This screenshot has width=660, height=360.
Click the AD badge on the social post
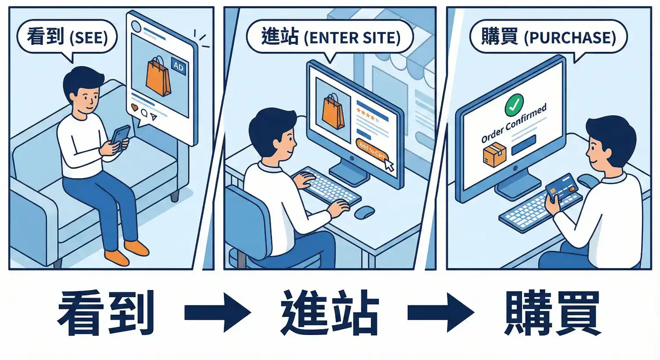coord(178,66)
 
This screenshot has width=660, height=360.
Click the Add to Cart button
coord(371,150)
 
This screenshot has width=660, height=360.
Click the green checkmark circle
coord(514,104)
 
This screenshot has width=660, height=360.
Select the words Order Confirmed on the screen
coord(513,123)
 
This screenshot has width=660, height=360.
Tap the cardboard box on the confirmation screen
coord(495,154)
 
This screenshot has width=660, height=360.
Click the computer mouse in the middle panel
coord(364,212)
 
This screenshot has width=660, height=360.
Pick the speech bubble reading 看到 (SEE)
coord(67,37)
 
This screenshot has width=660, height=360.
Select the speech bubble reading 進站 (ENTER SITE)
coord(330,37)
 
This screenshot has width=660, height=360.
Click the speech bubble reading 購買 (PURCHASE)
coord(548,37)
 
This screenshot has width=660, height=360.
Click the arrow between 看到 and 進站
coord(217,313)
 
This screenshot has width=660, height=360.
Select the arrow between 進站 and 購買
coord(440,313)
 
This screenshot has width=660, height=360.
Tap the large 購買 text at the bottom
coord(553,313)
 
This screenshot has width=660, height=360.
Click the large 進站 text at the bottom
coord(330,313)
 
